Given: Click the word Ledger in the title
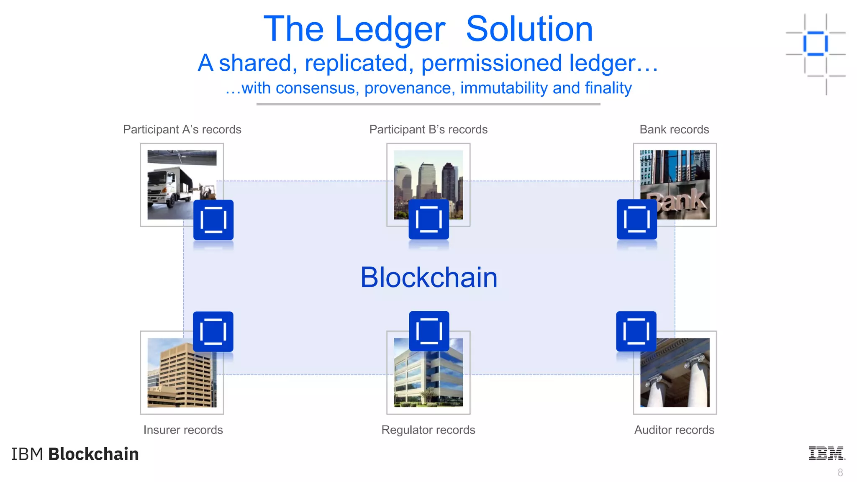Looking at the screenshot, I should point(390,29).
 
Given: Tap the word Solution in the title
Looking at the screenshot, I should point(529,29).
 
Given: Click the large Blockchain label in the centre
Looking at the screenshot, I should point(429,277).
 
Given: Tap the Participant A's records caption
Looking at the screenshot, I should point(182,130).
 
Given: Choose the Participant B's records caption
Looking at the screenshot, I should point(428,130).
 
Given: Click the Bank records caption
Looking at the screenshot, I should point(674,130).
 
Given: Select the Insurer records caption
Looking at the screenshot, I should point(183,430).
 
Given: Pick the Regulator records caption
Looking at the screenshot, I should point(428,430).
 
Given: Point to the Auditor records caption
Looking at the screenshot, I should point(674,430).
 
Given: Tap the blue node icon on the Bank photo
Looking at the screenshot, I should point(636,220).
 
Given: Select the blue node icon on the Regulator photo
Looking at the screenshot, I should point(429,331).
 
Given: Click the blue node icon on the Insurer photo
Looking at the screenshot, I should point(213,332).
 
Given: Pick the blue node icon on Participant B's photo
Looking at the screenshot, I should point(428,220).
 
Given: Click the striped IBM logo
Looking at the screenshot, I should point(826,454).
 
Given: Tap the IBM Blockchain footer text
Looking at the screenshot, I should point(75,454).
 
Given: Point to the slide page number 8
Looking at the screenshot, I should point(840,473).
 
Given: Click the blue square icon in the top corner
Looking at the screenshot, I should point(815,44).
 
